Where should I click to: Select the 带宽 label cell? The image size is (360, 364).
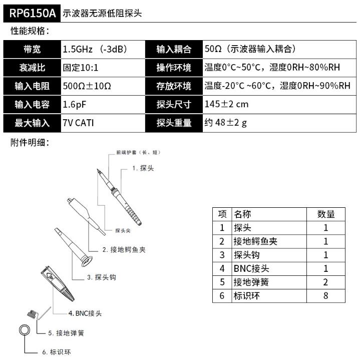coord(32,49)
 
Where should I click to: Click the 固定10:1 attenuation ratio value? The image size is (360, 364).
coord(84,68)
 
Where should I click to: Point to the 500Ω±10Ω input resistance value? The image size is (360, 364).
coord(87,86)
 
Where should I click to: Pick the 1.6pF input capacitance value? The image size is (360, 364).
coord(76,104)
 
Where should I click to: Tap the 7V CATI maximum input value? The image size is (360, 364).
coord(79,123)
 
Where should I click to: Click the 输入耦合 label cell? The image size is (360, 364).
coord(174,49)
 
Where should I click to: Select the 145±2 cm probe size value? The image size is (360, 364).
coord(226,104)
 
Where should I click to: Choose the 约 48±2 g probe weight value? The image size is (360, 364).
coord(226,123)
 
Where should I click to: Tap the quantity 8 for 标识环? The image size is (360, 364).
coord(325,296)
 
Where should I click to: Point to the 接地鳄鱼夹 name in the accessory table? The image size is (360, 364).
coord(255,241)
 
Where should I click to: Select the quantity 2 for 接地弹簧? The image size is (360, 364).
coord(325,282)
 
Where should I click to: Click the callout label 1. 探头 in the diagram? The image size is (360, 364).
coord(143,169)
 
